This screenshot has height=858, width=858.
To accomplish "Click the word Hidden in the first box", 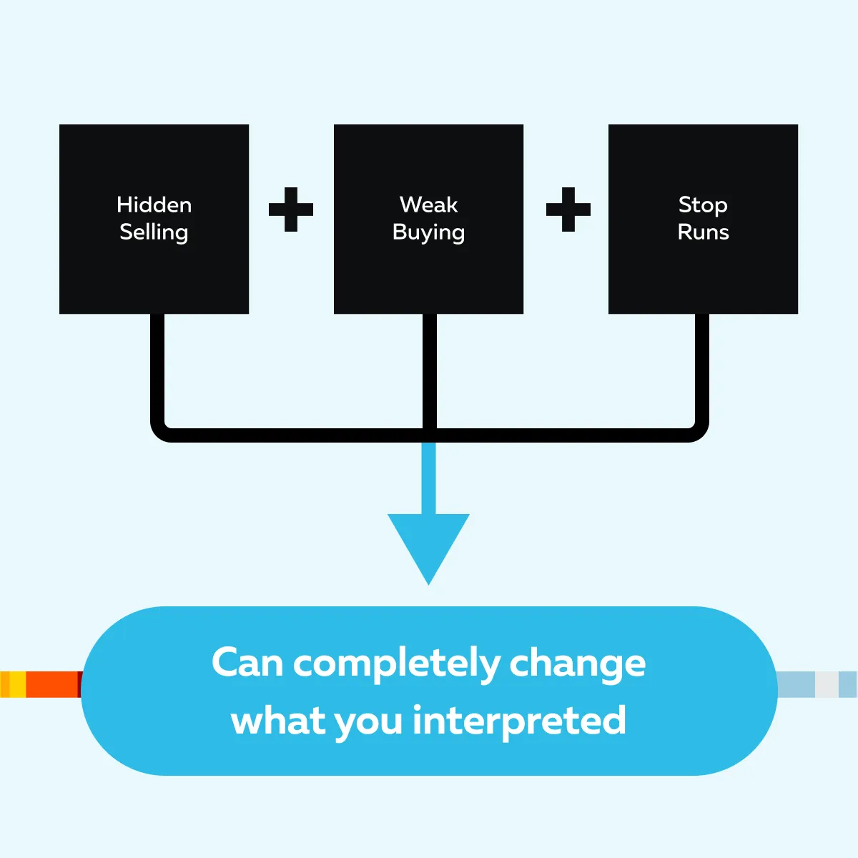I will pyautogui.click(x=154, y=205).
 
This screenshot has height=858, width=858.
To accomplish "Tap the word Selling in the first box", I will pyautogui.click(x=154, y=232).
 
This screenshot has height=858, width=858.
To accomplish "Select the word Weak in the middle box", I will pyautogui.click(x=428, y=205).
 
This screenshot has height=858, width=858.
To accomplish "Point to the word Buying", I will pyautogui.click(x=428, y=233).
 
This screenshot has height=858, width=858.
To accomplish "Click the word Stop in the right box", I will pyautogui.click(x=703, y=205).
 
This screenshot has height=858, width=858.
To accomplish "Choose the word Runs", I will pyautogui.click(x=703, y=232).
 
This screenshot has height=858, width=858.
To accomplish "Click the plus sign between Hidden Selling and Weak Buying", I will pyautogui.click(x=291, y=209).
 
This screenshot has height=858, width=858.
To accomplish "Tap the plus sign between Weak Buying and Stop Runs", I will pyautogui.click(x=568, y=209).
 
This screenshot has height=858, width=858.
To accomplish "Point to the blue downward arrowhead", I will pyautogui.click(x=428, y=543).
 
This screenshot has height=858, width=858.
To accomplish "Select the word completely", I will pyautogui.click(x=397, y=664).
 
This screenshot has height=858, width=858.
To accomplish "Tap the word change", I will pyautogui.click(x=577, y=664).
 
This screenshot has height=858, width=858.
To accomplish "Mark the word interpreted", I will pyautogui.click(x=519, y=721).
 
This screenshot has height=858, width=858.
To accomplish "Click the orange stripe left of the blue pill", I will pyautogui.click(x=51, y=684).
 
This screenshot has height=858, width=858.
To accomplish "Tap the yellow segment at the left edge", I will pyautogui.click(x=16, y=684).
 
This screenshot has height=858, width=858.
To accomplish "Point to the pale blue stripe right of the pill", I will pyautogui.click(x=796, y=684).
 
